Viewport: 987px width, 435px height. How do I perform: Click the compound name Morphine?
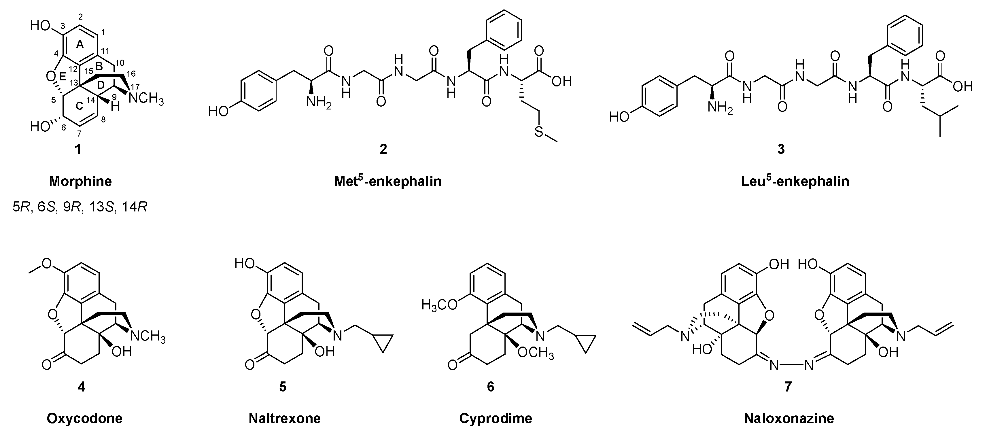pyautogui.click(x=80, y=181)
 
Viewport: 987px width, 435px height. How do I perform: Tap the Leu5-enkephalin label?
pyautogui.click(x=795, y=181)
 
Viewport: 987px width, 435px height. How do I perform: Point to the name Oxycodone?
pyautogui.click(x=84, y=418)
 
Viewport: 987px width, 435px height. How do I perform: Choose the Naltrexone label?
pyautogui.click(x=284, y=418)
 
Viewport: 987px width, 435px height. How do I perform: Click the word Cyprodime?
pyautogui.click(x=496, y=418)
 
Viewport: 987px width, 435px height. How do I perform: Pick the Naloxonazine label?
pyautogui.click(x=789, y=418)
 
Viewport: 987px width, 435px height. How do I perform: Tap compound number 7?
pyautogui.click(x=788, y=387)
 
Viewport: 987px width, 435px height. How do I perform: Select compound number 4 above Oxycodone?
pyautogui.click(x=81, y=387)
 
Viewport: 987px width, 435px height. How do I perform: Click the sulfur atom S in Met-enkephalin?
pyautogui.click(x=539, y=132)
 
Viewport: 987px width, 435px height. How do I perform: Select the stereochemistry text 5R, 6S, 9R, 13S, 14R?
pyautogui.click(x=80, y=207)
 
